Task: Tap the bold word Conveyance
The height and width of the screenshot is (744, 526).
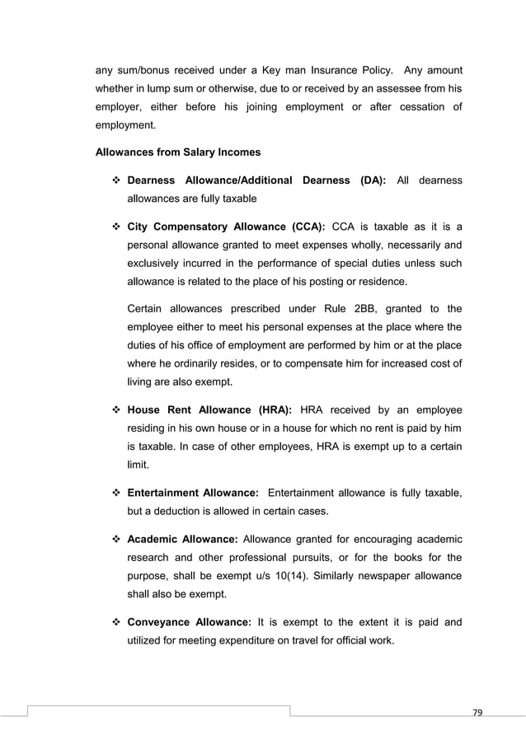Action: (x=162, y=623)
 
